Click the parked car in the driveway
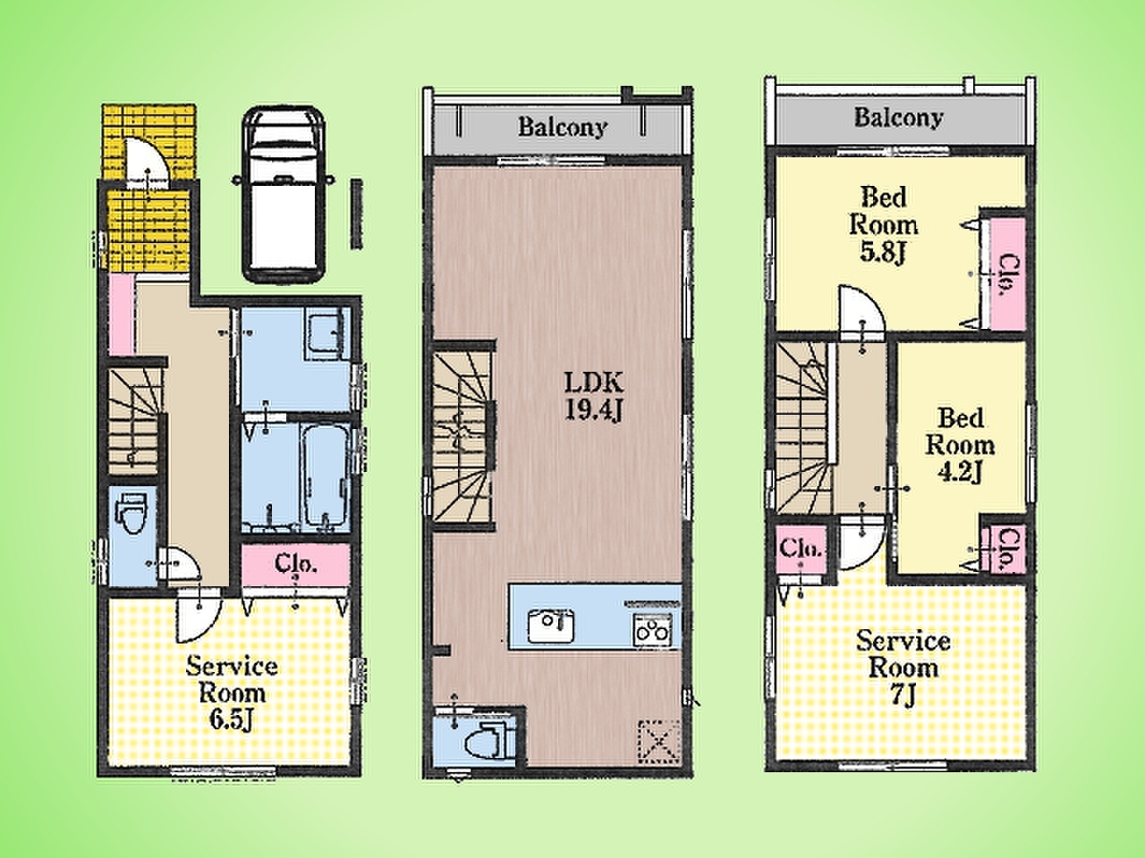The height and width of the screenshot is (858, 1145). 284,194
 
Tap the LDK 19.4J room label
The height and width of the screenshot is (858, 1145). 594,397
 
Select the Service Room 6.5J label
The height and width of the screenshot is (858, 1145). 232,693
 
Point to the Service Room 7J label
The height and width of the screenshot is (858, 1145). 903,668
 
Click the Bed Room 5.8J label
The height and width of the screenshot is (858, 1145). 883,225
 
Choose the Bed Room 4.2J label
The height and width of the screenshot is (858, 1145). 960,445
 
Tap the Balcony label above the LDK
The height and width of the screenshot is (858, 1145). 563,127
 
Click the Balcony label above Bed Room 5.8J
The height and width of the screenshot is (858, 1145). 899,118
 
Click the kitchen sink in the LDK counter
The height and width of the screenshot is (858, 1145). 551,625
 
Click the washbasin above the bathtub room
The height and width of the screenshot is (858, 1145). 327,333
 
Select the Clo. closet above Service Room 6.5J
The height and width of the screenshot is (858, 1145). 296,563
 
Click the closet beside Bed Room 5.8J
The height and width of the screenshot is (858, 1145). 1006,273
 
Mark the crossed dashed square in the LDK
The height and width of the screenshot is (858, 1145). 659,741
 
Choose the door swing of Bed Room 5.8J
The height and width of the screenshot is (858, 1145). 861,313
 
